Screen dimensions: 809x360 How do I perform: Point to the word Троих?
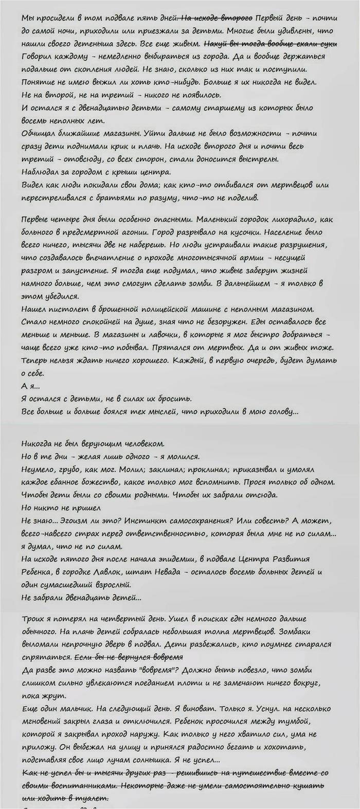pyautogui.click(x=32, y=618)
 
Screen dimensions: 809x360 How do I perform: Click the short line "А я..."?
pyautogui.click(x=30, y=385)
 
